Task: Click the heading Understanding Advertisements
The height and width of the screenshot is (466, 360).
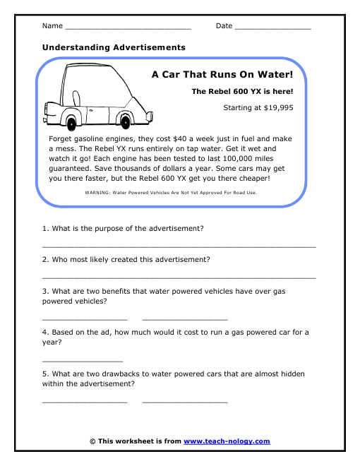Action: point(114,47)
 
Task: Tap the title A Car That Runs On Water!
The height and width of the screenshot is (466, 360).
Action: point(222,73)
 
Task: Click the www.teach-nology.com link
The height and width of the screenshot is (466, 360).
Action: point(227,441)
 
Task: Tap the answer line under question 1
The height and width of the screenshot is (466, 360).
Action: point(179,246)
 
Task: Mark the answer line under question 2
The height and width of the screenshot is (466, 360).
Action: point(179,277)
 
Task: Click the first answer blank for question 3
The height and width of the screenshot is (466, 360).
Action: point(85,319)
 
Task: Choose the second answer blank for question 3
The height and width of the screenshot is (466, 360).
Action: point(185,319)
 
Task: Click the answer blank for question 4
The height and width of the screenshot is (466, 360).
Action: point(83,360)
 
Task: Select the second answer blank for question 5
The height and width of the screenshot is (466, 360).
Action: point(185,401)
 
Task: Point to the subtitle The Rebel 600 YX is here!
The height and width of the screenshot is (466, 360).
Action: point(242,92)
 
